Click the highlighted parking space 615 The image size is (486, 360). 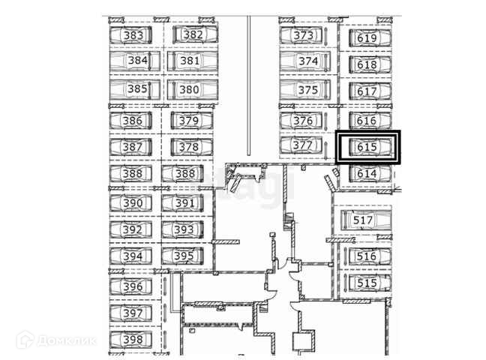click(x=367, y=147)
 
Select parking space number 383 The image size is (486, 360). click(x=133, y=35)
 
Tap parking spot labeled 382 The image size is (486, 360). click(x=193, y=34)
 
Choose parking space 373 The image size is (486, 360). click(x=304, y=35)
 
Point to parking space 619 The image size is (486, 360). click(x=367, y=38)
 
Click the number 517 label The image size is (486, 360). click(x=364, y=220)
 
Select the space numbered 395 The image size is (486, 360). click(x=184, y=256)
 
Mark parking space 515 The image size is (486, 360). click(x=366, y=283)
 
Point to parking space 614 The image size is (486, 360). click(x=367, y=173)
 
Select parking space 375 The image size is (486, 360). click(x=308, y=90)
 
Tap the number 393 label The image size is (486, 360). click(x=184, y=229)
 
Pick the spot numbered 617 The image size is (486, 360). click(x=367, y=91)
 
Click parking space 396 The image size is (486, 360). click(x=133, y=286)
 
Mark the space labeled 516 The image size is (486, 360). click(x=366, y=256)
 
